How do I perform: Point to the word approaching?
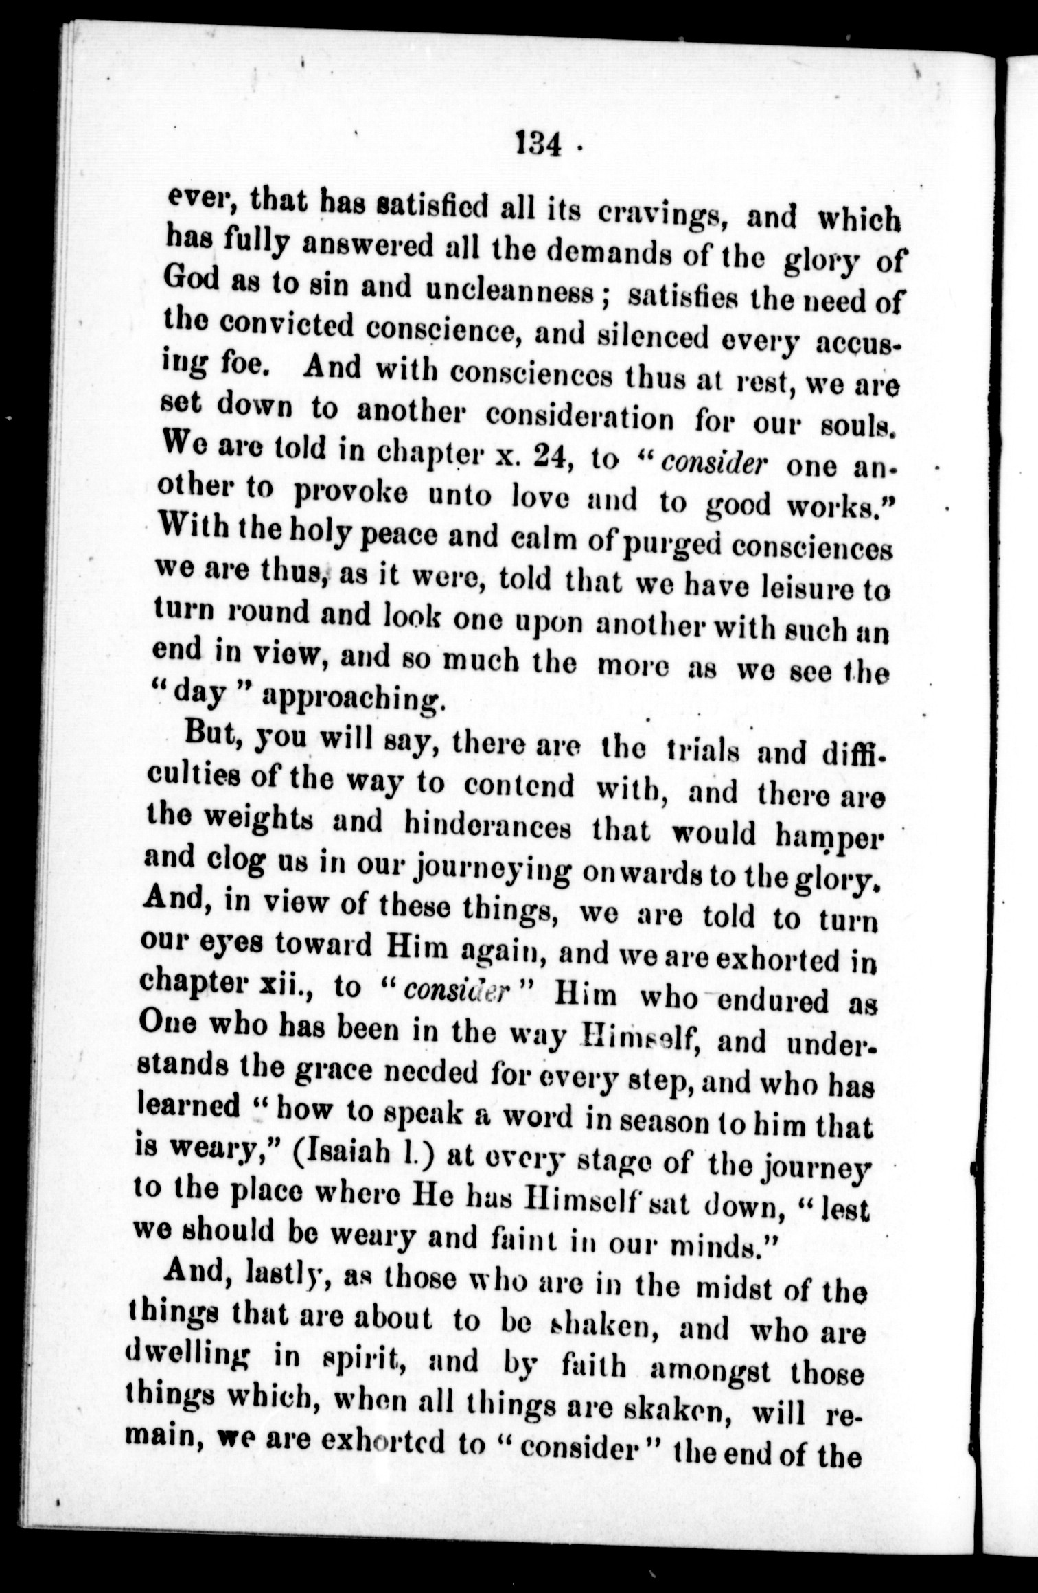pyautogui.click(x=350, y=698)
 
